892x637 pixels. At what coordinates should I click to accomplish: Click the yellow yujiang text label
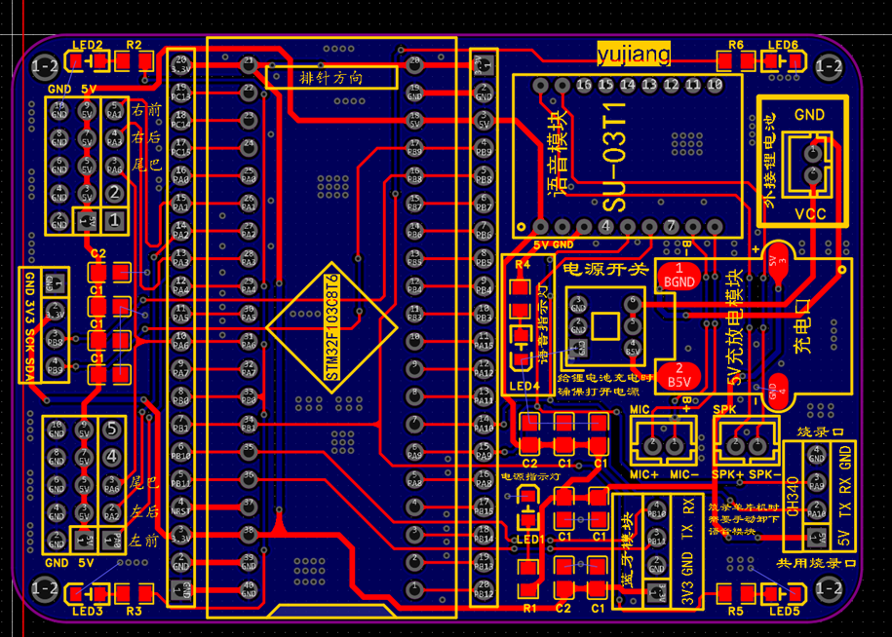coord(634,56)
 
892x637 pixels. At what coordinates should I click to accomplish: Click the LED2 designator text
coord(88,45)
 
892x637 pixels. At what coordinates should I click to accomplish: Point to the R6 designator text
coord(736,45)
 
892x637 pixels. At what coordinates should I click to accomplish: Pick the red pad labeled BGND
coord(679,276)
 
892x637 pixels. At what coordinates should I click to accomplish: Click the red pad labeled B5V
coord(679,377)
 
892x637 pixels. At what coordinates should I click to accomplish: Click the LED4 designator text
coord(523,387)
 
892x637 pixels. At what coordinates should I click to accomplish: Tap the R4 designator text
coord(522,264)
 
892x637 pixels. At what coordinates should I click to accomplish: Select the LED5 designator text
coord(782,611)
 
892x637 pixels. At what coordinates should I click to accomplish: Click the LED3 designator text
coord(87,611)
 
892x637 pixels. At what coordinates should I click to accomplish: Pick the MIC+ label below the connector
coord(644,474)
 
